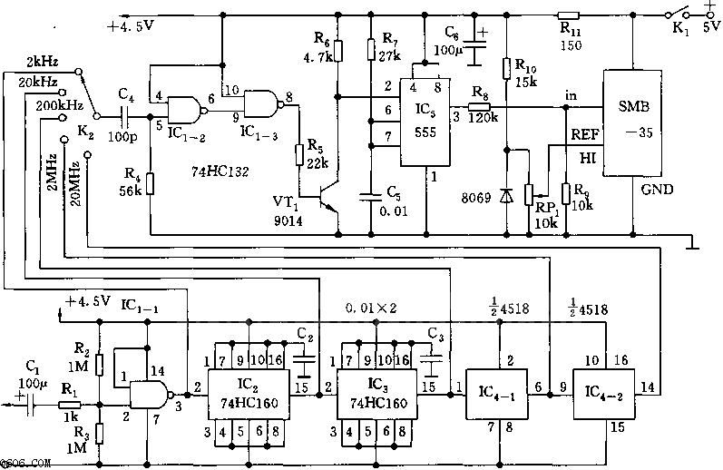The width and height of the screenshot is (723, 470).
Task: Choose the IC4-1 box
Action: tap(498, 394)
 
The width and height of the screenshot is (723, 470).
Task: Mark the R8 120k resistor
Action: tap(479, 107)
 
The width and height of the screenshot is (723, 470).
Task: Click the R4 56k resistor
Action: tap(150, 184)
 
